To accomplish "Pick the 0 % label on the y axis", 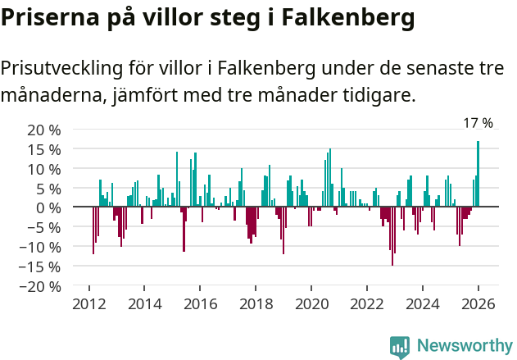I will (x=48, y=207).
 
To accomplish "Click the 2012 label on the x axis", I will (x=88, y=304).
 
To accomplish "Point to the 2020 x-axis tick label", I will (x=311, y=304).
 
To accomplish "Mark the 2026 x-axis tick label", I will (x=478, y=304).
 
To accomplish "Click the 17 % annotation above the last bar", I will (x=478, y=123).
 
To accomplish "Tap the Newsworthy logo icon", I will (x=400, y=346).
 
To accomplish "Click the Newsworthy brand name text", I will (x=465, y=346).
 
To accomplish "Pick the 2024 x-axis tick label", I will (x=423, y=304).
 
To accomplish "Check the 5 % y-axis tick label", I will (x=48, y=188).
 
